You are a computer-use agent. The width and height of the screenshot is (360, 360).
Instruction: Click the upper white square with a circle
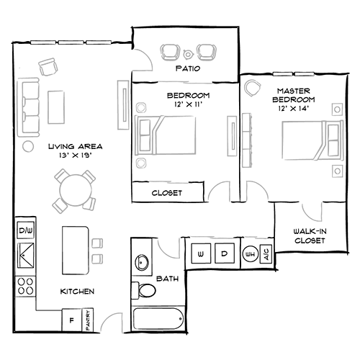click(336, 109)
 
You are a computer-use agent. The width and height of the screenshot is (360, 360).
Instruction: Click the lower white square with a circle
click(336, 171)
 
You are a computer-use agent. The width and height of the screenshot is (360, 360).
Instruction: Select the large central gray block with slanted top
click(173, 137)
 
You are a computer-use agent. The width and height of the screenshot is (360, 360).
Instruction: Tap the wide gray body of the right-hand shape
click(288, 144)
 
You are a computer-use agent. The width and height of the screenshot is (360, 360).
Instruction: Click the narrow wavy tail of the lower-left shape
click(103, 248)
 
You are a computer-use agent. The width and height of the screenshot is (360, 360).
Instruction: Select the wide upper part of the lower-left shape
click(72, 191)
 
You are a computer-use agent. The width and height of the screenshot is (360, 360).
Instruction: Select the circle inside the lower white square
click(336, 171)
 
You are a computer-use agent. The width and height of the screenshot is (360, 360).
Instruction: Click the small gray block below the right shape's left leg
click(253, 230)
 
